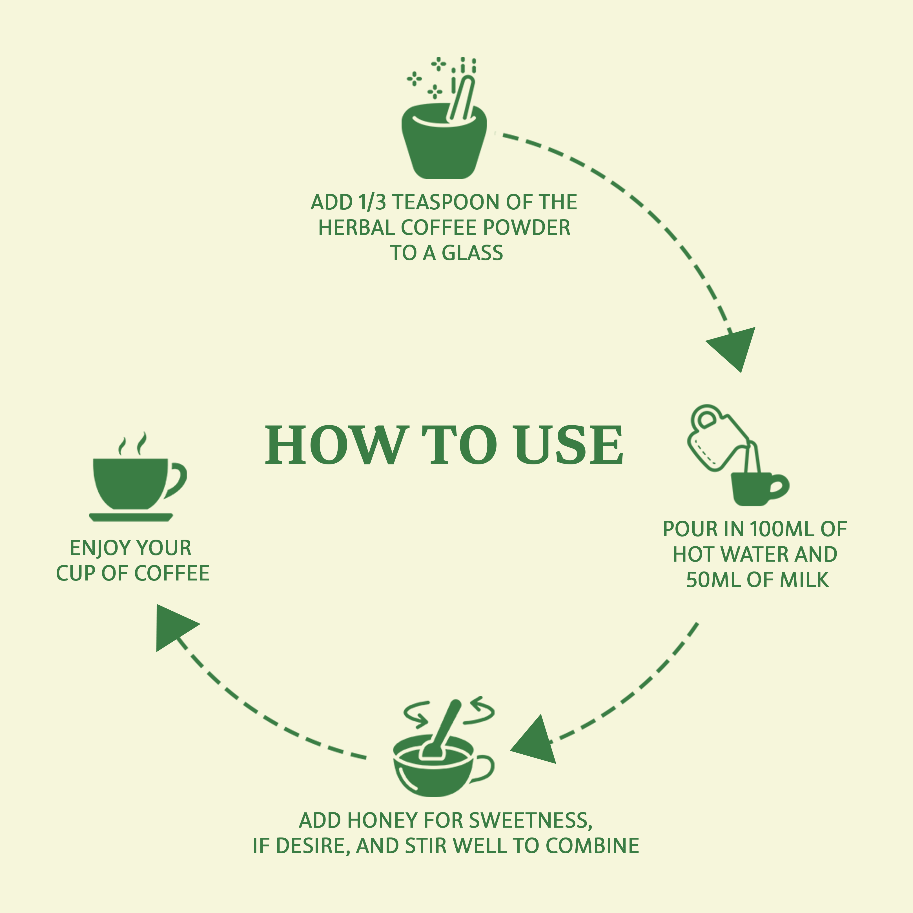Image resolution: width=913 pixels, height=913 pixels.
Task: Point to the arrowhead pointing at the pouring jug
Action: (734, 346)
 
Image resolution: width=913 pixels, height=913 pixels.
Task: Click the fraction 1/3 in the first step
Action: (372, 202)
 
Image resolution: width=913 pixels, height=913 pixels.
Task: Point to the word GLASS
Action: (473, 253)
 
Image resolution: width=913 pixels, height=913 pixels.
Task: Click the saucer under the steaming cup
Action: (131, 517)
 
